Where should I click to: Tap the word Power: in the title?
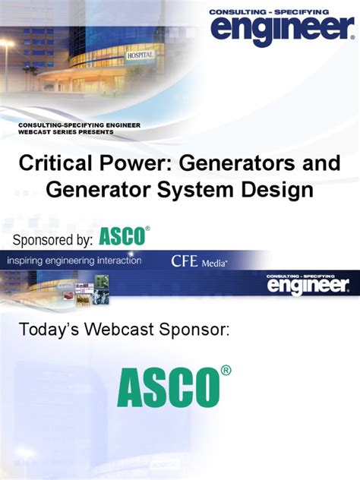132,163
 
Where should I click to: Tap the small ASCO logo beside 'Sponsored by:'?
123,237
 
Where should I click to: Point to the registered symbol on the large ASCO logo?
225,370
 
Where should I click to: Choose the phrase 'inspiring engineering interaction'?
74,261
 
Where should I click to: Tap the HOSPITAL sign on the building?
141,55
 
